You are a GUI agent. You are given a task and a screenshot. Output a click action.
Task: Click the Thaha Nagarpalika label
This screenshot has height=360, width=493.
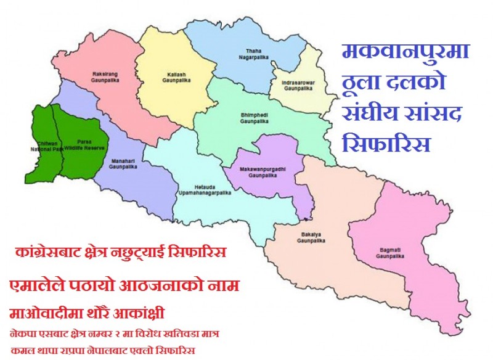point(255,54)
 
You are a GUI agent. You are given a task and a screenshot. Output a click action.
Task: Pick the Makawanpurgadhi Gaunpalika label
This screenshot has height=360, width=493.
point(266,170)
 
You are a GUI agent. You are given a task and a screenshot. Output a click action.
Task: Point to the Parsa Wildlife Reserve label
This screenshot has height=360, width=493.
point(81,144)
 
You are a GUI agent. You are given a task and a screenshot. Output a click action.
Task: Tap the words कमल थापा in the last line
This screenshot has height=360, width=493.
point(32,351)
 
